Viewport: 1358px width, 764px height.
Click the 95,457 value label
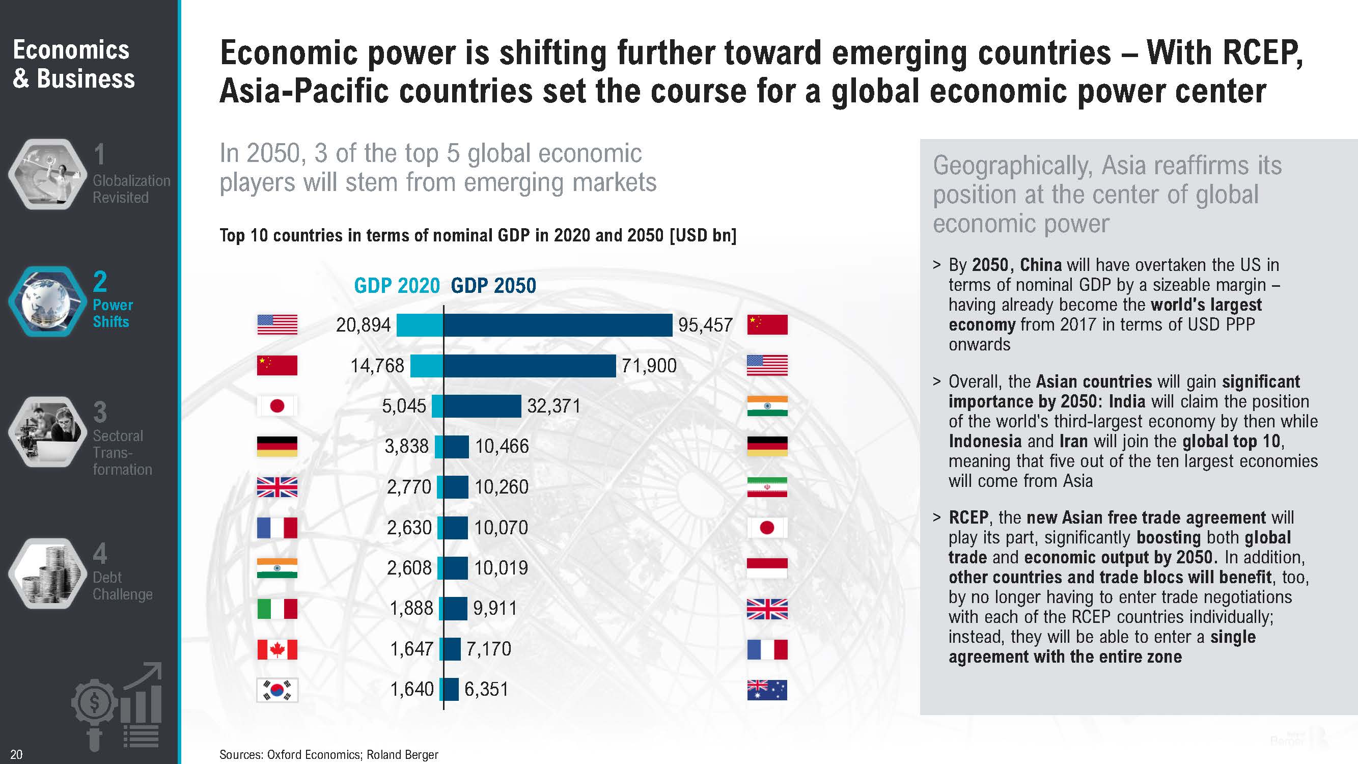pos(705,325)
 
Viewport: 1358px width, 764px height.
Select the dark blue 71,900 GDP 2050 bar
pos(529,365)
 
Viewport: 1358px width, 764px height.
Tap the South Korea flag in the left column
pos(278,690)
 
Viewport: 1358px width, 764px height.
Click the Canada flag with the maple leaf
pos(278,649)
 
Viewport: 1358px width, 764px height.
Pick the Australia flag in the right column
pos(767,690)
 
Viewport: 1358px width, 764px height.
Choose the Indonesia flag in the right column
pos(767,568)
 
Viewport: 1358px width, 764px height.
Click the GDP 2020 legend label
pos(397,286)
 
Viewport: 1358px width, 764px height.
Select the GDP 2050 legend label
pos(493,286)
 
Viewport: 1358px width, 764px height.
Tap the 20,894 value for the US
pos(363,325)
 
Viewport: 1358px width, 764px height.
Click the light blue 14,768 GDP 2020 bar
pos(427,365)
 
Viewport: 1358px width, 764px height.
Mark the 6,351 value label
pos(486,689)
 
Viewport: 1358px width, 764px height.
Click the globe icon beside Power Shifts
pos(47,302)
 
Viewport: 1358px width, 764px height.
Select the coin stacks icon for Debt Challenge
pos(47,574)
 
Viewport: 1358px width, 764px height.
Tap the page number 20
pos(16,754)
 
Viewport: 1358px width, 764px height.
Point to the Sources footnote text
pos(328,754)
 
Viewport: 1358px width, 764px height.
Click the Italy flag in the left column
pos(278,609)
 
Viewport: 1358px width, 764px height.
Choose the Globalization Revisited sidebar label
pos(131,189)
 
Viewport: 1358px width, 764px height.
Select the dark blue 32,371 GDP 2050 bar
pos(482,406)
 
